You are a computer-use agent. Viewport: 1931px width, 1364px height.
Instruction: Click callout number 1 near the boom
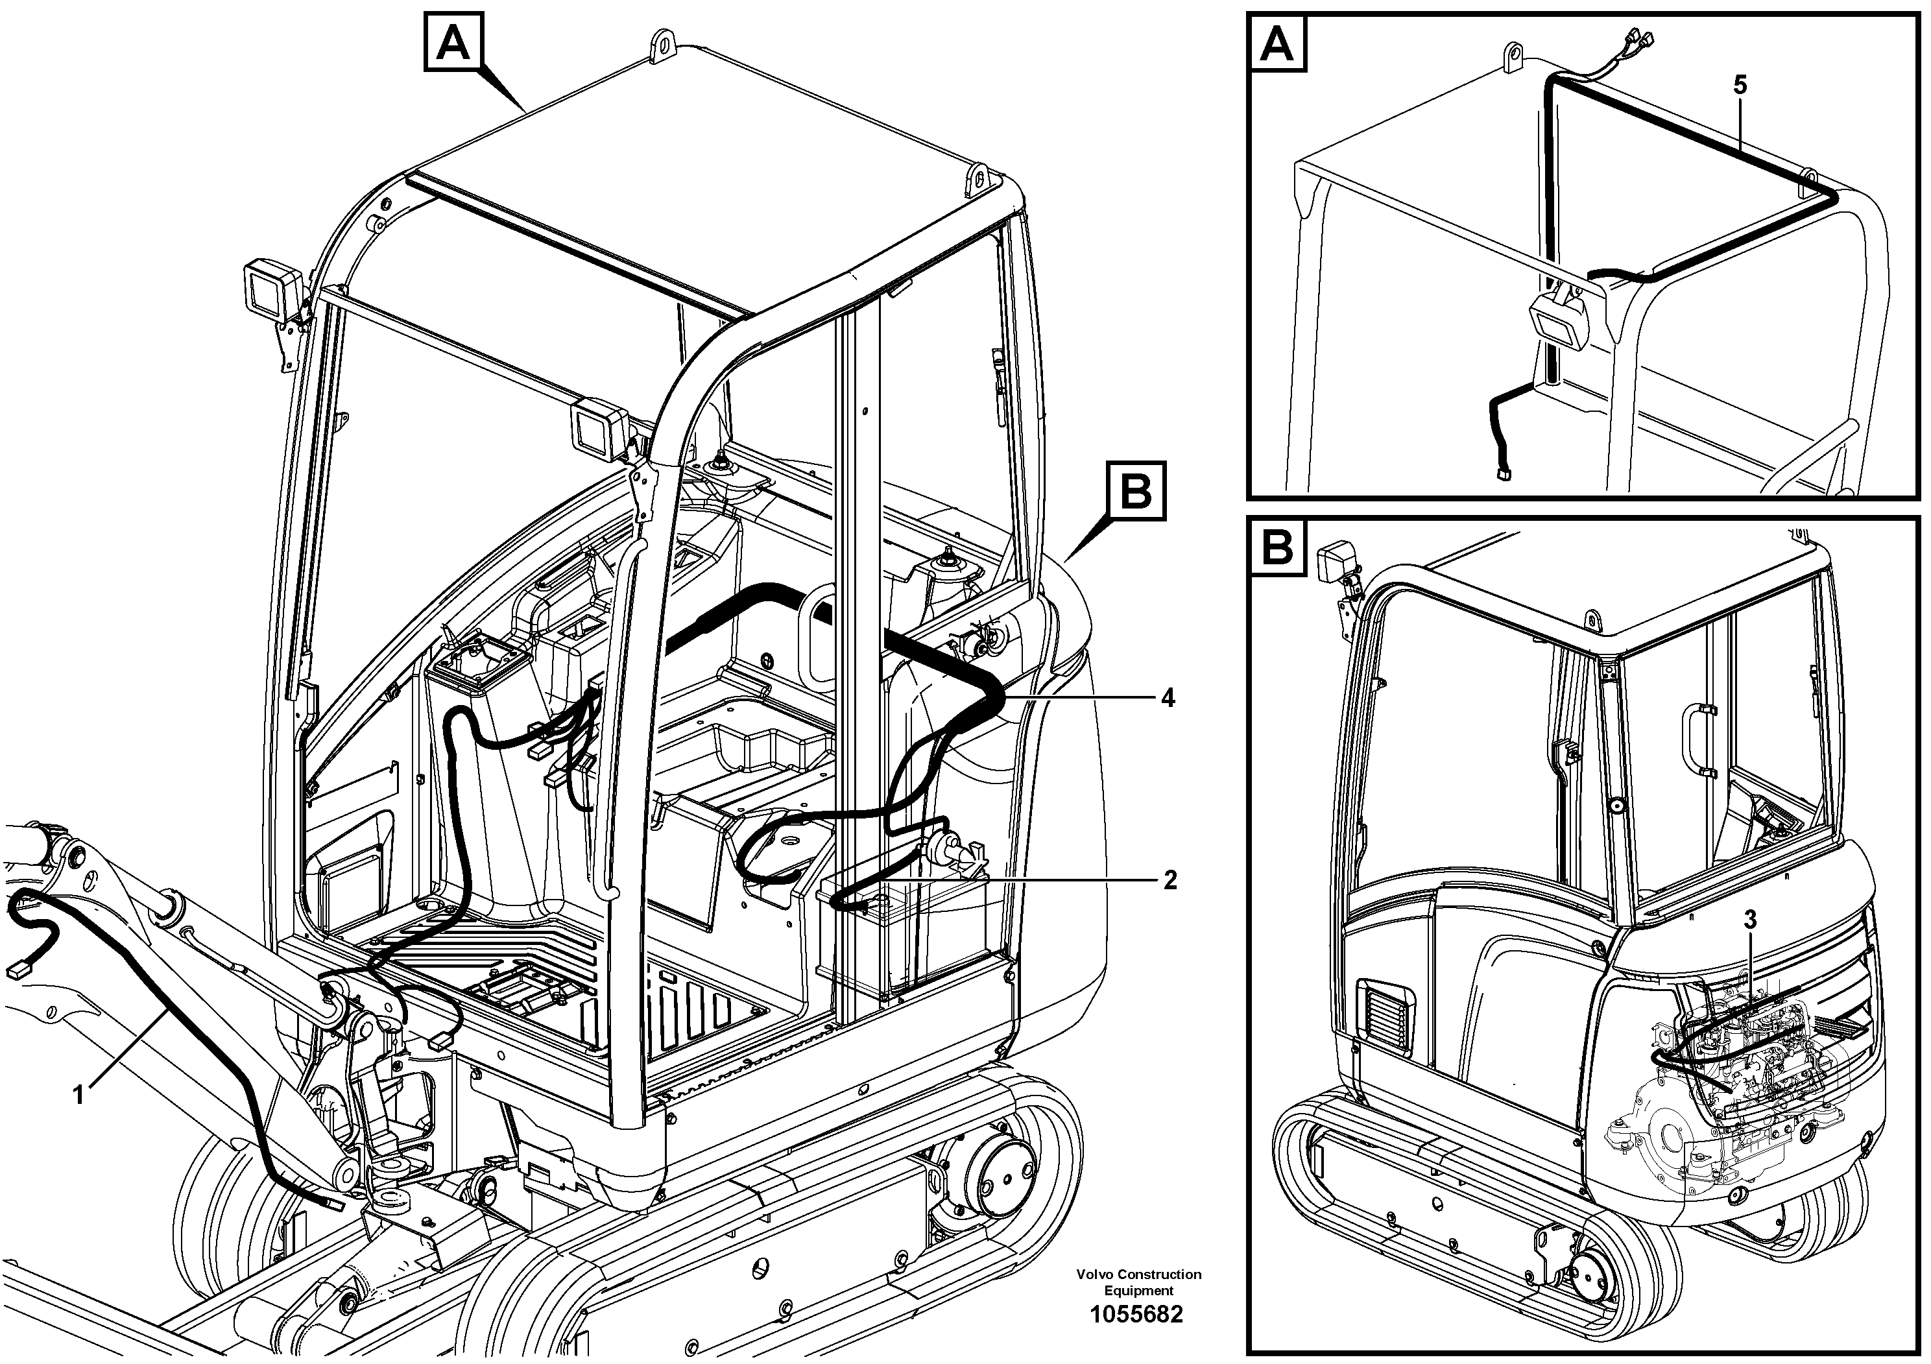coord(78,1095)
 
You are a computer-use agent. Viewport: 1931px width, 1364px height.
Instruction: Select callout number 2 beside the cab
coord(1170,879)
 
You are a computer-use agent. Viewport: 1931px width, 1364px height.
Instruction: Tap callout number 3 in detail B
coord(1749,919)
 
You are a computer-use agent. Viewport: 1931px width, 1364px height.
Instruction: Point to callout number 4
coord(1168,698)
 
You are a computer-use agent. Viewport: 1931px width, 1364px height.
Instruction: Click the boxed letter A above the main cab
coord(454,40)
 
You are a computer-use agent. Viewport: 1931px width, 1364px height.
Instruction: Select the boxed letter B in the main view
coord(1136,491)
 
